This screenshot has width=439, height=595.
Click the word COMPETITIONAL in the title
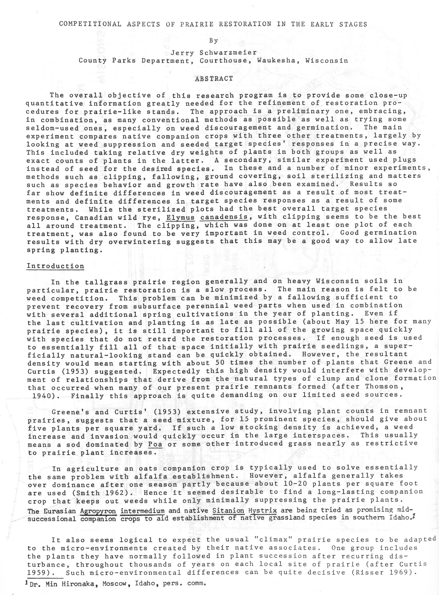point(90,24)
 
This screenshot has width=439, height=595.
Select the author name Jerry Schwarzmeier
point(213,53)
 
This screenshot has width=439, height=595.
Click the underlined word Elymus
point(181,217)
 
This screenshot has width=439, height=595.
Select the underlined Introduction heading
point(55,266)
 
